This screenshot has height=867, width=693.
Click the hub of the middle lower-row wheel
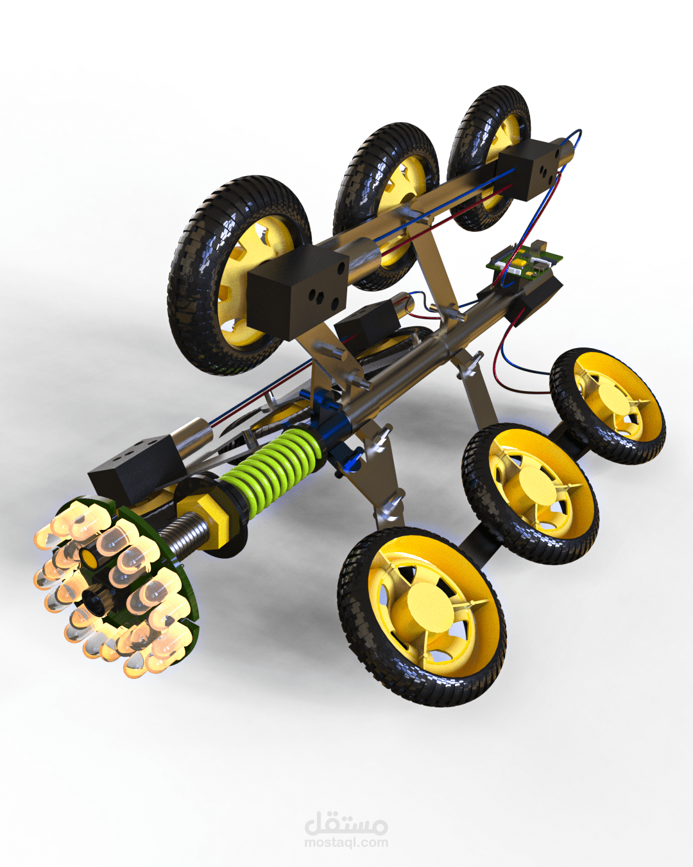click(533, 485)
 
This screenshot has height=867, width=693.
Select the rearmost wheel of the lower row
click(607, 406)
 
